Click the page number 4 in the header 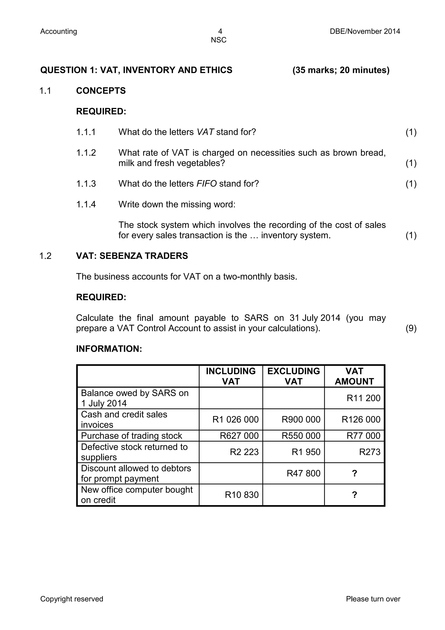(x=220, y=31)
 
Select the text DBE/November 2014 (x=365, y=31)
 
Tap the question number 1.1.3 (x=86, y=184)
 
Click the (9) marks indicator (x=411, y=328)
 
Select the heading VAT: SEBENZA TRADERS (x=132, y=256)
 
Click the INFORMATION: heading (x=109, y=349)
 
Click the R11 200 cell (x=363, y=398)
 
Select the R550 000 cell (x=301, y=436)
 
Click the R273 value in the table (x=370, y=452)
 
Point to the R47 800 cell (x=303, y=473)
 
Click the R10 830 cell (x=242, y=495)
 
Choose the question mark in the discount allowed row (x=354, y=473)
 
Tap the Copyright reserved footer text (x=72, y=599)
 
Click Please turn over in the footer (x=373, y=599)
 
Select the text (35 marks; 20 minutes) (x=341, y=70)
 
